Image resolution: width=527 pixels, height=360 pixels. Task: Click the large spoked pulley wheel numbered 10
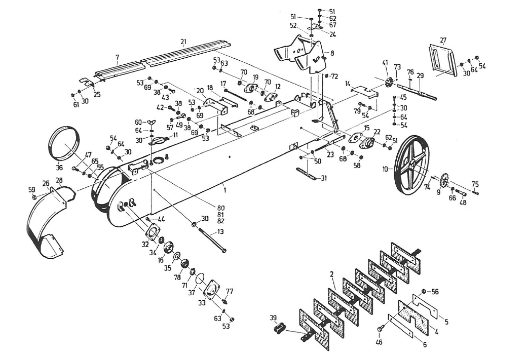tap(411, 163)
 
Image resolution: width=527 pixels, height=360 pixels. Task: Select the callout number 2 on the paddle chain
tap(331, 274)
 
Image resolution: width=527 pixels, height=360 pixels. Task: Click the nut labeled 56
tap(423, 292)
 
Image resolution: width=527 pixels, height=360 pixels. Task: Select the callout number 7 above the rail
tap(117, 57)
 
